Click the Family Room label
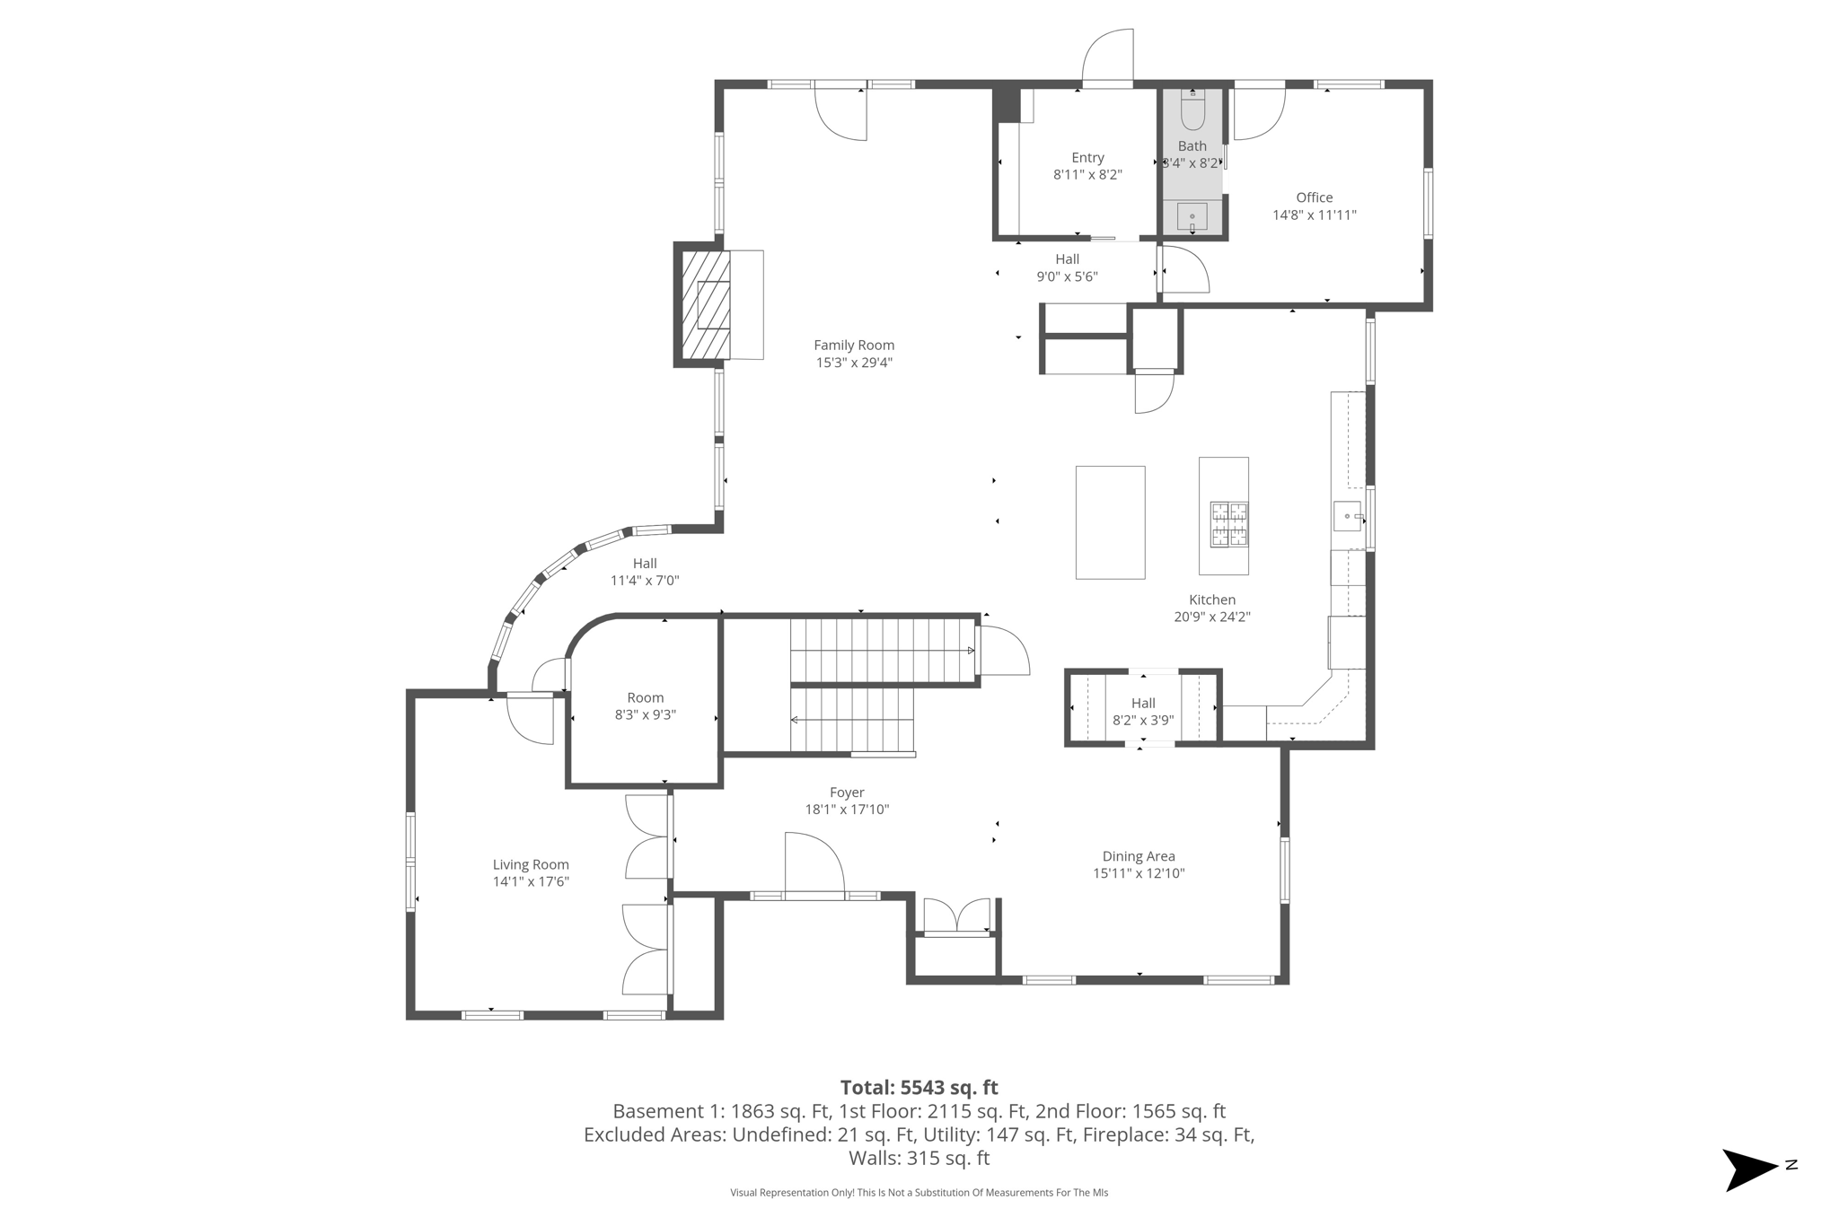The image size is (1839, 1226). pyautogui.click(x=853, y=345)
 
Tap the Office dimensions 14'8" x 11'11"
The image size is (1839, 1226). pyautogui.click(x=1314, y=215)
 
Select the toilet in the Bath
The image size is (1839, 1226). pyautogui.click(x=1192, y=111)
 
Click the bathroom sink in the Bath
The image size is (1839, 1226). pyautogui.click(x=1192, y=216)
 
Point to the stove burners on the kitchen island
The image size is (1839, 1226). pyautogui.click(x=1228, y=524)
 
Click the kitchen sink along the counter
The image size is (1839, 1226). pyautogui.click(x=1348, y=516)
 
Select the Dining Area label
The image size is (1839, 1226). pyautogui.click(x=1138, y=856)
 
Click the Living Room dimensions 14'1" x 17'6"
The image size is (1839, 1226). pyautogui.click(x=531, y=881)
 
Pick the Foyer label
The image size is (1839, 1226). pyautogui.click(x=847, y=793)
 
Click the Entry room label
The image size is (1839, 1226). pyautogui.click(x=1087, y=158)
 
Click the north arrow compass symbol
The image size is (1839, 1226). pyautogui.click(x=1751, y=1169)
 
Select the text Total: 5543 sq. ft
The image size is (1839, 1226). pyautogui.click(x=919, y=1088)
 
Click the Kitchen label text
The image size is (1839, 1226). pyautogui.click(x=1212, y=600)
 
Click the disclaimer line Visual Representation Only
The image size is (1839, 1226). pyautogui.click(x=919, y=1193)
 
